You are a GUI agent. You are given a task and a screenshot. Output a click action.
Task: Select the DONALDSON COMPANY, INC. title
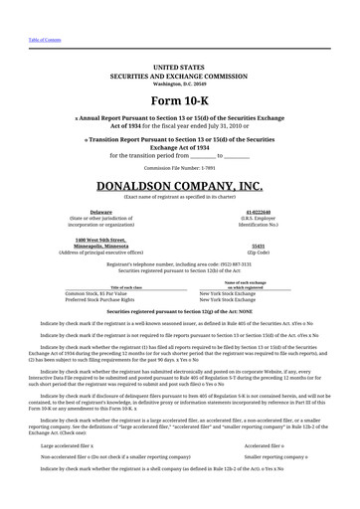click(x=179, y=186)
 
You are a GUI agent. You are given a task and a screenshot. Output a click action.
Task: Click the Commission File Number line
click(x=179, y=168)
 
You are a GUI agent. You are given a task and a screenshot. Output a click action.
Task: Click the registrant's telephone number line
click(x=179, y=264)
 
